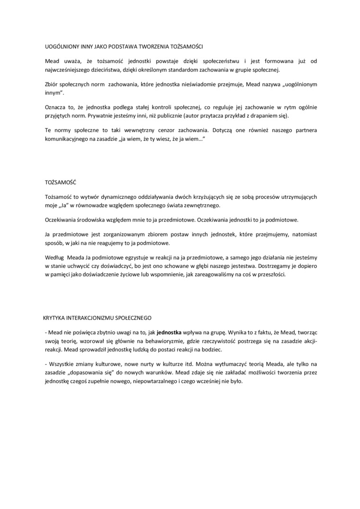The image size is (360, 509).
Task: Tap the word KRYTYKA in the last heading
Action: click(x=55, y=318)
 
